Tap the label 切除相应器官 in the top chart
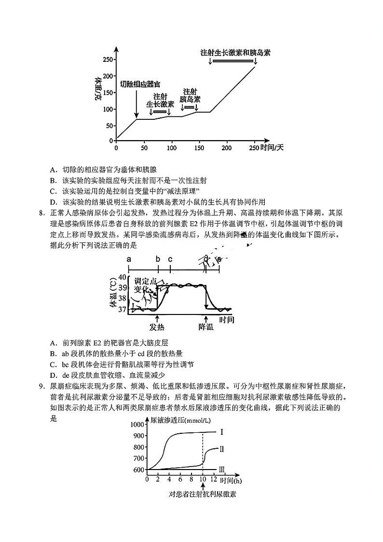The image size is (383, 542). [140, 84]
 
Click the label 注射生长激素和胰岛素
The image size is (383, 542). [235, 53]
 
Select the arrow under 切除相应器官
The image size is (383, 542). [137, 104]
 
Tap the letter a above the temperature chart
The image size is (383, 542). [129, 259]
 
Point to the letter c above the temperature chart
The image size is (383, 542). [170, 259]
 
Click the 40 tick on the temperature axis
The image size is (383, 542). [122, 277]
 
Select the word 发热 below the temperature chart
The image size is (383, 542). [158, 327]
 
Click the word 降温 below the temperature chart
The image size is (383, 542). [206, 327]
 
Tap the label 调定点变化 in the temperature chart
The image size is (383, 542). [145, 285]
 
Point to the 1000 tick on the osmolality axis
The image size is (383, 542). [137, 424]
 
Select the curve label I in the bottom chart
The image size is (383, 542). [221, 432]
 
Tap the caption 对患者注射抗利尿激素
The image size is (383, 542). [203, 494]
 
